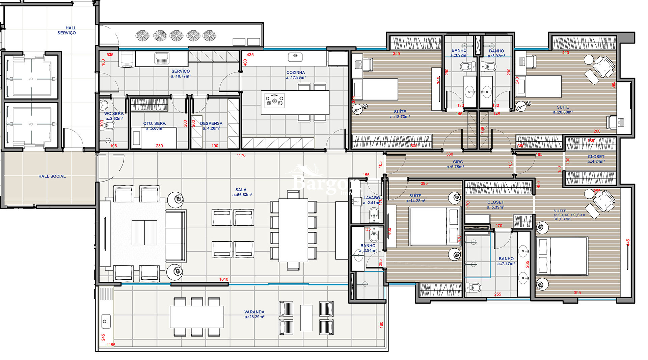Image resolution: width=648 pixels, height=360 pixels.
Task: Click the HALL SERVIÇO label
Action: pyautogui.click(x=67, y=30)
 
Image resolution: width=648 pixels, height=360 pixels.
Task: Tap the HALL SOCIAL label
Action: pyautogui.click(x=52, y=176)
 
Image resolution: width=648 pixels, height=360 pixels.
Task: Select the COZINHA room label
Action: pyautogui.click(x=296, y=73)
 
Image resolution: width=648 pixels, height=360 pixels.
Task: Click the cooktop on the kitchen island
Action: pyautogui.click(x=274, y=101)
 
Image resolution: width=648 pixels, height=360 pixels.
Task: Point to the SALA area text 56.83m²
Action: pyautogui.click(x=242, y=195)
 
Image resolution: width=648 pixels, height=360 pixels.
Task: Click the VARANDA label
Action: pyautogui.click(x=254, y=312)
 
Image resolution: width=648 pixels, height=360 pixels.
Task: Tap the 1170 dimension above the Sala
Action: pyautogui.click(x=241, y=156)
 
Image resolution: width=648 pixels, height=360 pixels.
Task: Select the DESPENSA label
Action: pyautogui.click(x=211, y=123)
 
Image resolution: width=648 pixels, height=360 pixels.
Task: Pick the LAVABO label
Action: pyautogui.click(x=372, y=198)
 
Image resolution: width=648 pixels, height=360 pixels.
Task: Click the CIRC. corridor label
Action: pyautogui.click(x=458, y=162)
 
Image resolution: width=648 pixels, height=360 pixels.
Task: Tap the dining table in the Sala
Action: pyautogui.click(x=293, y=230)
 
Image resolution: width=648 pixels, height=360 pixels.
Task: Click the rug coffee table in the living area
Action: pyautogui.click(x=144, y=232)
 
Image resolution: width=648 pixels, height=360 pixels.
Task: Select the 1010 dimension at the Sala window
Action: pyautogui.click(x=224, y=279)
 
